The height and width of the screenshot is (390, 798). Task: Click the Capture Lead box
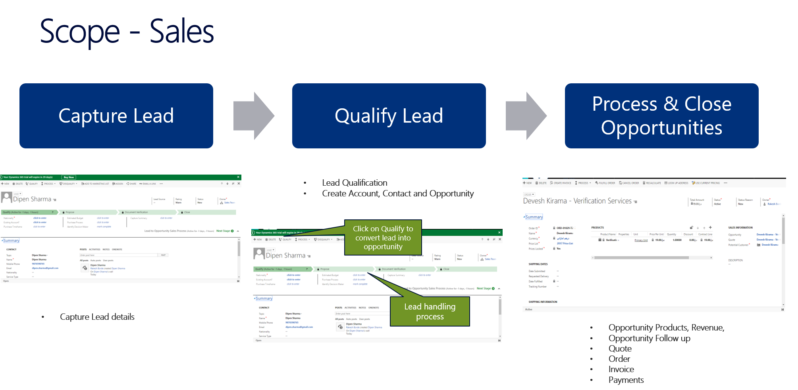coord(116,116)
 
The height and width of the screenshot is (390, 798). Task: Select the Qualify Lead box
coord(389,116)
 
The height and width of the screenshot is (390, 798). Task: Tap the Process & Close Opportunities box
coord(661,116)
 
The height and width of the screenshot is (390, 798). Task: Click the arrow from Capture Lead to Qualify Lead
coord(254,116)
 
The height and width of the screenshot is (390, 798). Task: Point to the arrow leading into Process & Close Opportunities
coord(526,116)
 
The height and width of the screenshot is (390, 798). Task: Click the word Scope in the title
coord(79,32)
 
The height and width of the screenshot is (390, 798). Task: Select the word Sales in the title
coord(182,32)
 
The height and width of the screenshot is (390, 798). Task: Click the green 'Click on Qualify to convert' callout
coord(383,238)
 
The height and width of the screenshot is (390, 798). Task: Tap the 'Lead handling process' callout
coord(430,311)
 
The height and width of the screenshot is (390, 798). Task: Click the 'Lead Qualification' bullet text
coord(355,183)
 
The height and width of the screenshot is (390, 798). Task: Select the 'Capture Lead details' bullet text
coord(97,317)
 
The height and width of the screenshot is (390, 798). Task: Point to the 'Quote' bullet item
coord(620,349)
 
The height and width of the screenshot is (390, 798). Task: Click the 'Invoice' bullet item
coord(621,369)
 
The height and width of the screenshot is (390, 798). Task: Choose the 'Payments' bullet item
coord(626,380)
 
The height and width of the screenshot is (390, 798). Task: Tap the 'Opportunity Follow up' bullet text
coord(649,338)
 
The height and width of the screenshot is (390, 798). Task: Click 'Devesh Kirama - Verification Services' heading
coord(577,201)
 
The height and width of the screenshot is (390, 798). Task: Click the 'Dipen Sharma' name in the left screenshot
coord(32,199)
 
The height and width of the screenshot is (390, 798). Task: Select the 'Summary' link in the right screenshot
coord(534,217)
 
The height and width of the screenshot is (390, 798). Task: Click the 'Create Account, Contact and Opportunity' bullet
coord(398,194)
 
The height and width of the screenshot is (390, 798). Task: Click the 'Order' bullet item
coord(619,359)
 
